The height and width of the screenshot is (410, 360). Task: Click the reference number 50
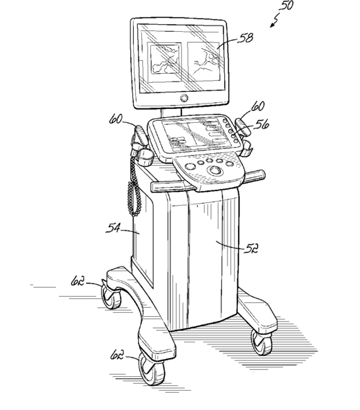click(x=287, y=6)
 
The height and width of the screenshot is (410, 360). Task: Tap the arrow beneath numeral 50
click(x=274, y=21)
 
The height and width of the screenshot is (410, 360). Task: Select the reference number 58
click(x=246, y=38)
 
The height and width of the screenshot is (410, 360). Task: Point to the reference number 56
click(x=261, y=124)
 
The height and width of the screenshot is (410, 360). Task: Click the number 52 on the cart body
click(x=251, y=248)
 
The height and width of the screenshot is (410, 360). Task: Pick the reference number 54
click(x=113, y=228)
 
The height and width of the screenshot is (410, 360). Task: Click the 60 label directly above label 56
click(x=258, y=106)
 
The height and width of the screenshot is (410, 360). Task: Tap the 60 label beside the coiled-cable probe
click(x=115, y=119)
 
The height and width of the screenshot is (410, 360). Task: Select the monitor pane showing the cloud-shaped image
click(x=165, y=61)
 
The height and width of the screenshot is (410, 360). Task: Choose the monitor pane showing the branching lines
click(x=204, y=61)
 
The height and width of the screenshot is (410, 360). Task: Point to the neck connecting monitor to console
click(x=171, y=113)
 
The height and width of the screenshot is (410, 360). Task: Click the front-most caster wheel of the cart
click(x=151, y=369)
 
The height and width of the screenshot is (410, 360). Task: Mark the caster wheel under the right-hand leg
click(x=262, y=342)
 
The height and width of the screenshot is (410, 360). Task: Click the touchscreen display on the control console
click(x=194, y=135)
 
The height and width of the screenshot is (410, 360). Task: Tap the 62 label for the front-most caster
click(x=117, y=355)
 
